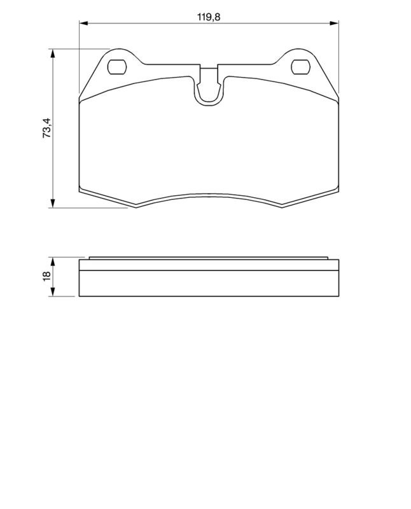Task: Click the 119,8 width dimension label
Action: point(209,17)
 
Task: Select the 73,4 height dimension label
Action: point(46,129)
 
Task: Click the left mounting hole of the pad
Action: point(117,67)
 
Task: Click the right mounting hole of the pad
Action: point(301,67)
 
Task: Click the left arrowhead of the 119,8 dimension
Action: point(84,23)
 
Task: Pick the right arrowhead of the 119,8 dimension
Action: point(335,23)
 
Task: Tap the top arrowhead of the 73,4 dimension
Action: point(52,53)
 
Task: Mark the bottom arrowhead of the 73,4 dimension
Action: point(52,203)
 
